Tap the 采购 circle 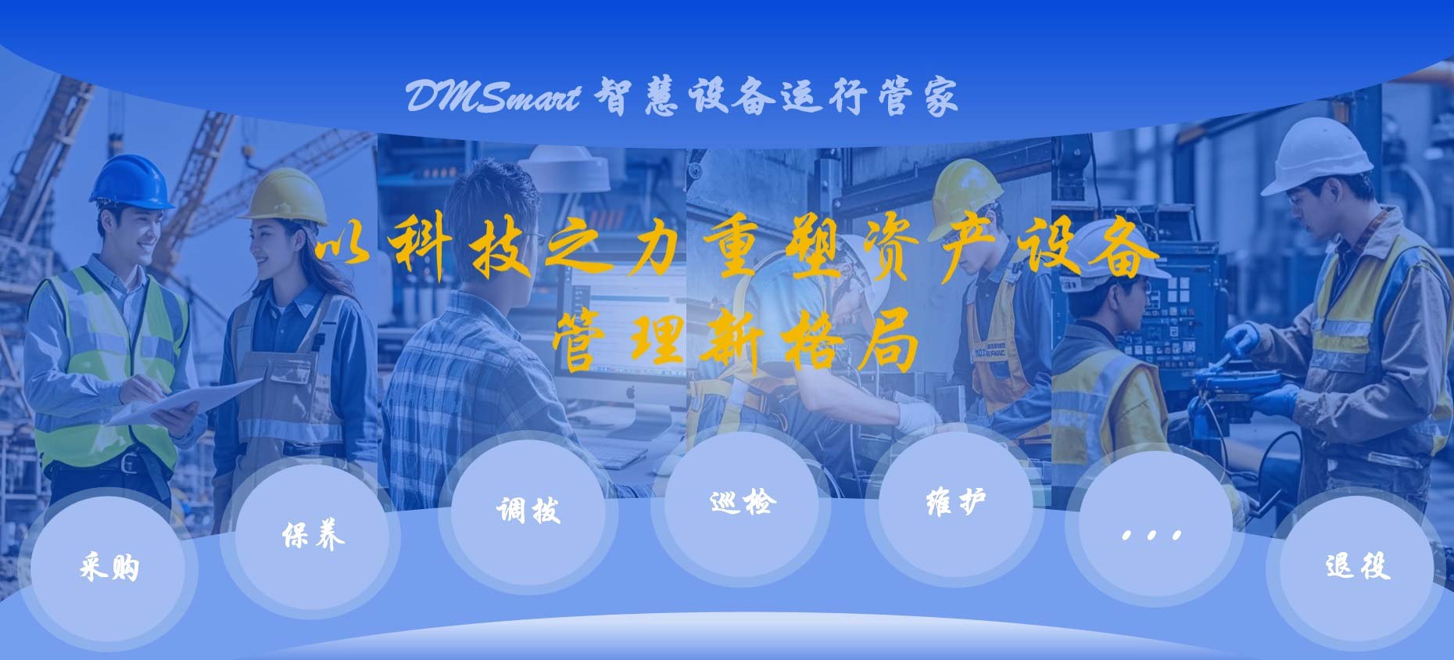tap(108, 567)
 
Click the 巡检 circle tap(741, 503)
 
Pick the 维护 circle tap(955, 503)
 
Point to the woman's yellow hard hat tap(285, 195)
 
